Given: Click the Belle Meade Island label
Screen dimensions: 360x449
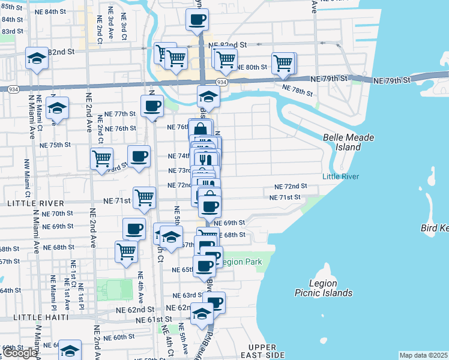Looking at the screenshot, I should (x=348, y=142).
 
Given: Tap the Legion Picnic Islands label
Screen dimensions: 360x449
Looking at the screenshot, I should (x=323, y=288).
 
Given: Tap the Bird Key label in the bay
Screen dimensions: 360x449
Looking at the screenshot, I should (x=435, y=229).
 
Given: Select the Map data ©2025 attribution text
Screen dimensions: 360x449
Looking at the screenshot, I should (x=423, y=355).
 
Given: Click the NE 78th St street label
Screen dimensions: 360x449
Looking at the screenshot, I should (x=297, y=91).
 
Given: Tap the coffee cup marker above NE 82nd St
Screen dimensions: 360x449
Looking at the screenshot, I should (x=197, y=20).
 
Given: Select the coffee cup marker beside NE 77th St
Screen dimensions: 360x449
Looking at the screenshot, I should (x=152, y=107).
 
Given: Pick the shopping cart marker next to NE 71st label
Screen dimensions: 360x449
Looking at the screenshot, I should (x=144, y=197).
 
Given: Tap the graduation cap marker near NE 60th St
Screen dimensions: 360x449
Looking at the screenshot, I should (x=70, y=350).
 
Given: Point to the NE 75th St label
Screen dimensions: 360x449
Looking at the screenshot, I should (x=55, y=145).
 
